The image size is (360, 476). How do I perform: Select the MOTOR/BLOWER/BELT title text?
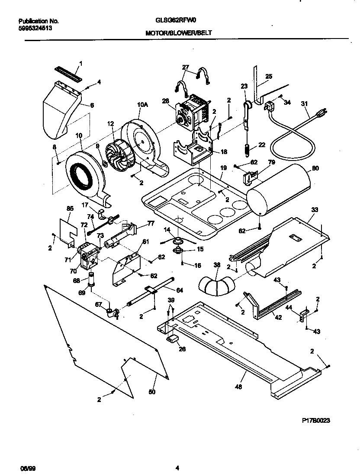click(178, 32)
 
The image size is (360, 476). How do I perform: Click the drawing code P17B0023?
click(316, 420)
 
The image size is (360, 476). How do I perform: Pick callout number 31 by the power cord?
click(304, 103)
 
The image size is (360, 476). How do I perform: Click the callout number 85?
click(70, 208)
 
